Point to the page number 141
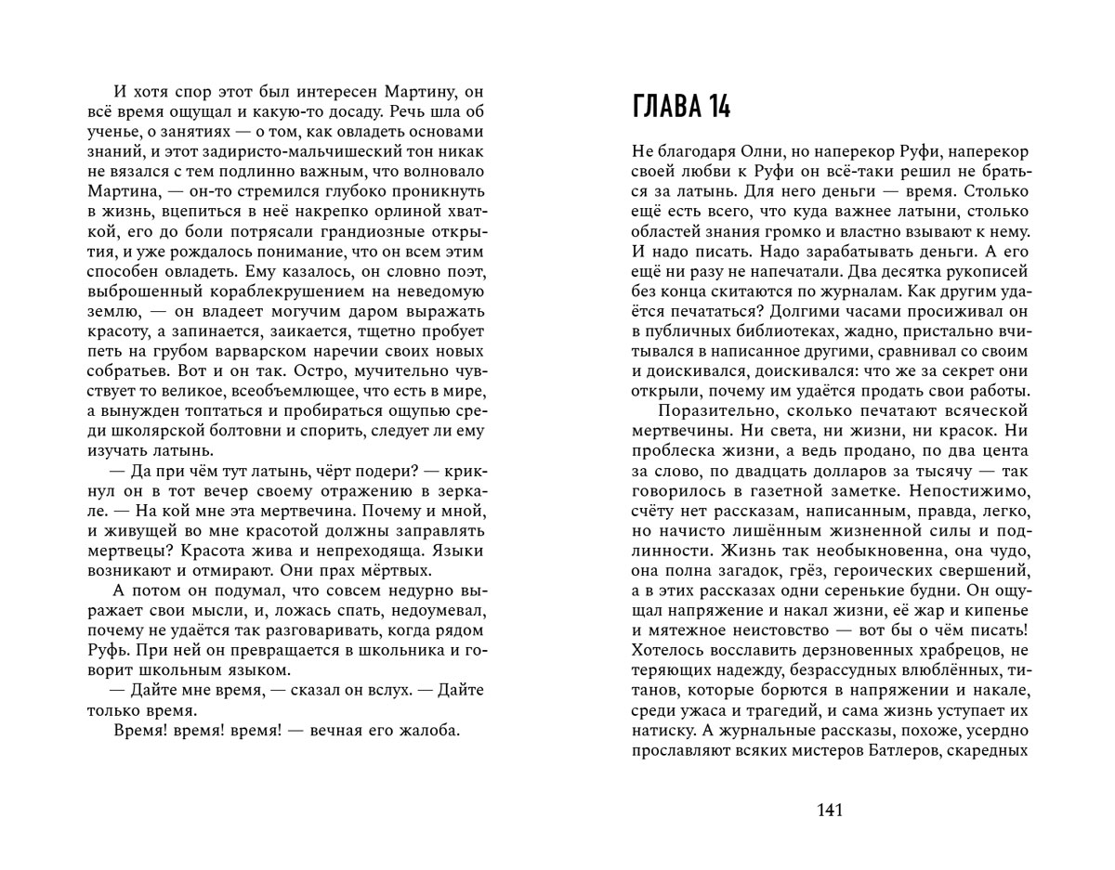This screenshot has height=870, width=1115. [829, 811]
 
